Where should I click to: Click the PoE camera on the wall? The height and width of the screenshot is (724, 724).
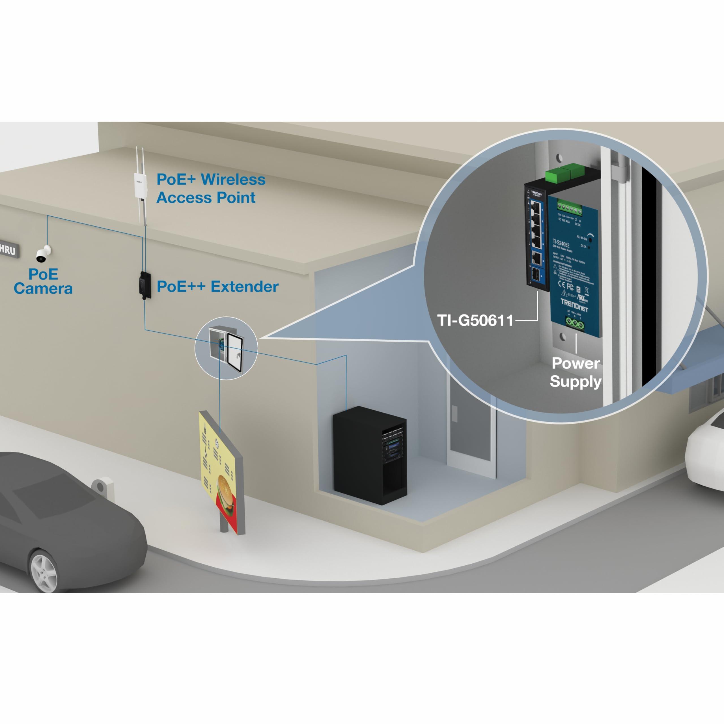tap(43, 255)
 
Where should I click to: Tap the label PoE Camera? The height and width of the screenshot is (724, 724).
tap(43, 281)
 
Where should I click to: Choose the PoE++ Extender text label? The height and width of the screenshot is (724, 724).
tap(217, 287)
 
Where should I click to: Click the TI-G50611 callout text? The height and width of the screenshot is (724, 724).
tap(475, 320)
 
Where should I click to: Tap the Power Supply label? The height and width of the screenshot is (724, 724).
tap(575, 372)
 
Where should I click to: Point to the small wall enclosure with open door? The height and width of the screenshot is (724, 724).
tap(226, 348)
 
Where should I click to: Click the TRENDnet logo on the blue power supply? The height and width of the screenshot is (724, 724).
tap(574, 305)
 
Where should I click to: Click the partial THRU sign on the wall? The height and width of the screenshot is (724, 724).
tap(8, 249)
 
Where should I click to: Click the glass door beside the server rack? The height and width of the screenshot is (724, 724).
tap(470, 423)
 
